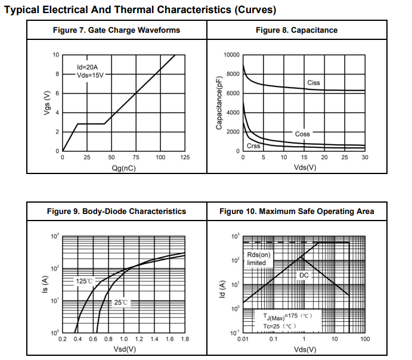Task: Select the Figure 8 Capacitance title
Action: coord(296,30)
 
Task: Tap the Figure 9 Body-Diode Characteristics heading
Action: coord(116,211)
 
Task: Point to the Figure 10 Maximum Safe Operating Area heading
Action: coord(296,211)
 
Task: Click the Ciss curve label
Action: coord(314,82)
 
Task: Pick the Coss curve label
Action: coord(303,134)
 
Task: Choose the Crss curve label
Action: coord(253,146)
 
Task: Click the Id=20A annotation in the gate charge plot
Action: coord(88,67)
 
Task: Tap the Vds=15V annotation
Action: coord(91,76)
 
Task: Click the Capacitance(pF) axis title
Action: coord(219,103)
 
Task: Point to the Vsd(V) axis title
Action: coord(123,349)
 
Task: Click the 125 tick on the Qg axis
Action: coord(185,157)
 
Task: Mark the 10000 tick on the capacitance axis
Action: coord(231,55)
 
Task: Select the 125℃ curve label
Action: coord(85,281)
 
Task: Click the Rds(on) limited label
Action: coord(259,259)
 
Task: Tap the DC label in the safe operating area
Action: coord(303,275)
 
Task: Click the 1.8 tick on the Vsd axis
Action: coord(185,339)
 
